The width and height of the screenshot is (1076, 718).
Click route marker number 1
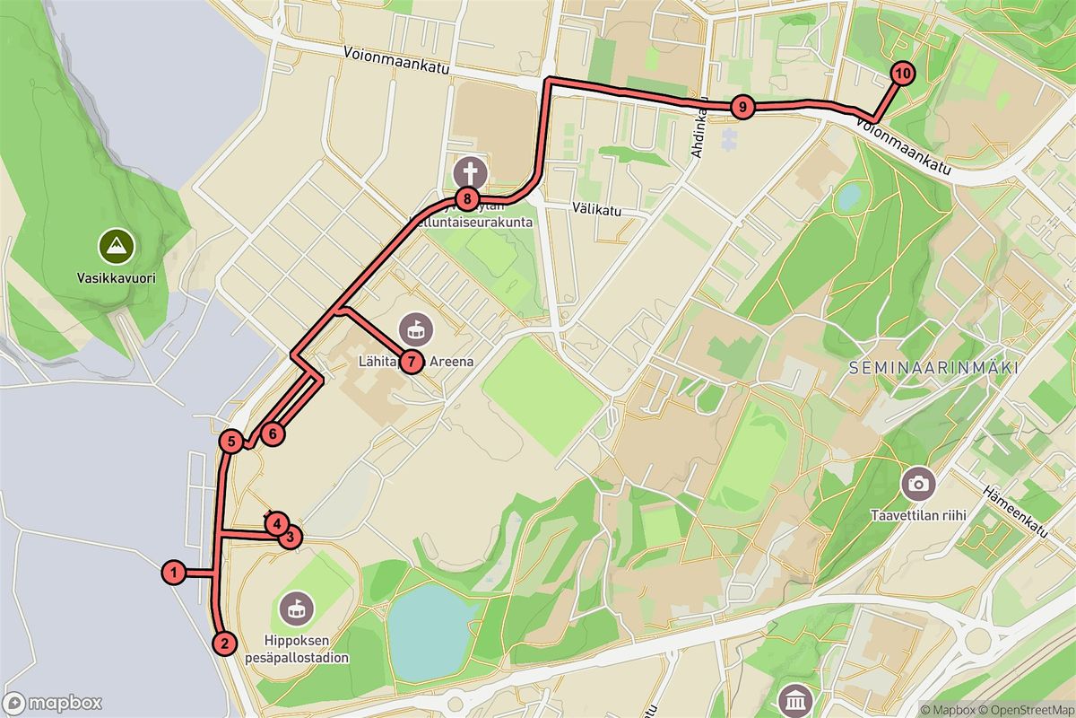(174, 572)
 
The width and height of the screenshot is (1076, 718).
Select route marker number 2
(224, 643)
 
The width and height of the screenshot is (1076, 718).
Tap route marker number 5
(231, 441)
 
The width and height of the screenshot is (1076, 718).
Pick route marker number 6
(273, 433)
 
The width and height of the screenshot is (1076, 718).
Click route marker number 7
(410, 362)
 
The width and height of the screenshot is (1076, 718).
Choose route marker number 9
(741, 107)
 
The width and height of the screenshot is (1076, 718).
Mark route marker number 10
(901, 74)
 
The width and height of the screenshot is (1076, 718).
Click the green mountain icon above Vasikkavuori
(117, 244)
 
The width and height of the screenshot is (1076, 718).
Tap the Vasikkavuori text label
(117, 278)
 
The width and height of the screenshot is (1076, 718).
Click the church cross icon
(469, 171)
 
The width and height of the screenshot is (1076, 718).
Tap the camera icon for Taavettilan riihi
(917, 484)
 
